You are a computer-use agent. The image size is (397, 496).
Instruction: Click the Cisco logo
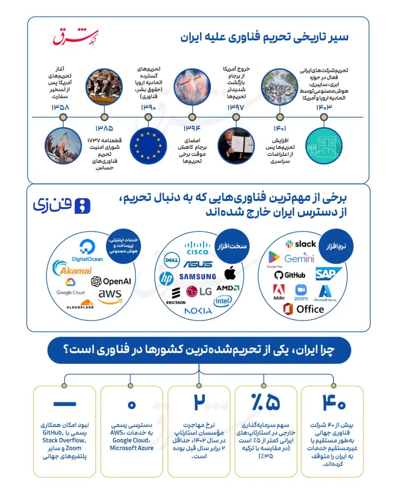tap(197, 248)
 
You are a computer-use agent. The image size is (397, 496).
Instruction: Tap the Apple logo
tap(230, 273)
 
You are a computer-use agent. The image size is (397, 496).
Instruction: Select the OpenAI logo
tap(111, 281)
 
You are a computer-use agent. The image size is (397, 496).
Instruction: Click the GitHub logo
tap(290, 275)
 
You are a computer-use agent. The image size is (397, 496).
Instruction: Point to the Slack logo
tap(301, 244)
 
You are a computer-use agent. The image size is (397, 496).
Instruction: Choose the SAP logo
tap(328, 274)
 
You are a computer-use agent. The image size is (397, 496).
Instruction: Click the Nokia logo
tap(198, 311)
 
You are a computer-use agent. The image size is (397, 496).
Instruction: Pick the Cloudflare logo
tap(81, 304)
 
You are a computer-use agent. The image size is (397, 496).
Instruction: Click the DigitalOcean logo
tap(87, 251)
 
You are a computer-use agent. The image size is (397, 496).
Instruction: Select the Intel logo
tap(223, 301)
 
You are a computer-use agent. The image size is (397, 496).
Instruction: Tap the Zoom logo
tap(301, 293)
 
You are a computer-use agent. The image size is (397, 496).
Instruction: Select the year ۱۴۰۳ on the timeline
tap(324, 107)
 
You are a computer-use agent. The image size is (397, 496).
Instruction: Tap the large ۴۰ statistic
tap(334, 403)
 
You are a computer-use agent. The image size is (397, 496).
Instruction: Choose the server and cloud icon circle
tap(323, 146)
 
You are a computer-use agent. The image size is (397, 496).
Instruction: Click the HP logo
tap(166, 279)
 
